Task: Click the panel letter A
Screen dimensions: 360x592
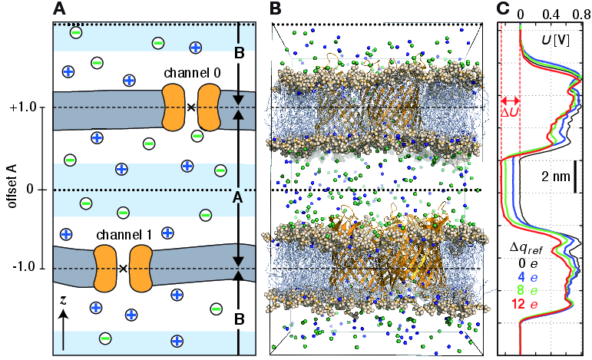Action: tap(60, 10)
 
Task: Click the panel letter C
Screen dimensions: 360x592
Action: tap(503, 9)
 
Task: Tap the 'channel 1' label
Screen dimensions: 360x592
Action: tap(123, 233)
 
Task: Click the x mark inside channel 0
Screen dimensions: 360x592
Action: tap(190, 107)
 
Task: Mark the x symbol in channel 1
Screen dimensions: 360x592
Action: tap(123, 268)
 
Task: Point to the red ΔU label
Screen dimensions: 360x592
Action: tap(510, 113)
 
